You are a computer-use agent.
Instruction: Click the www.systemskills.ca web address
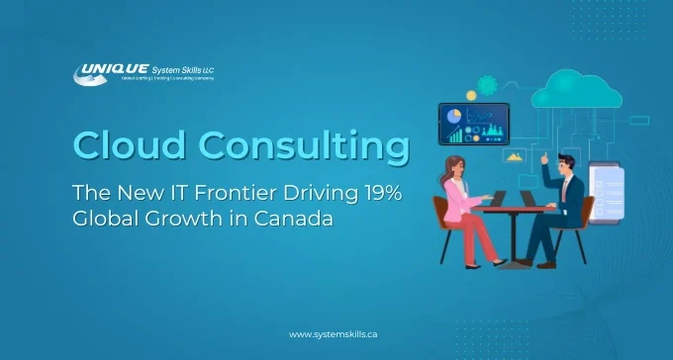(x=334, y=334)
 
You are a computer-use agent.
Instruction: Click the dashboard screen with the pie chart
(x=473, y=124)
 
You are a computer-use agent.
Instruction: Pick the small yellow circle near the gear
(x=471, y=96)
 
